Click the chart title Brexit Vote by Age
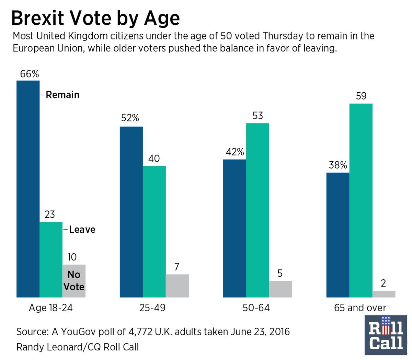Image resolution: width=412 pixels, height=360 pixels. (x=95, y=18)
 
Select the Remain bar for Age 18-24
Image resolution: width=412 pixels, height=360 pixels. (x=28, y=189)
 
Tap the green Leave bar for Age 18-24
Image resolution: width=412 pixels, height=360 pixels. (x=51, y=259)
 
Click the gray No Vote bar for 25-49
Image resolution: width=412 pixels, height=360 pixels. (x=177, y=286)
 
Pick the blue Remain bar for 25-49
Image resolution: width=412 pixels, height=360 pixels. (x=131, y=212)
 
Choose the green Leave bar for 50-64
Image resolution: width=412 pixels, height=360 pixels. (x=257, y=210)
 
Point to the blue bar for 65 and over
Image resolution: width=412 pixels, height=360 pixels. (x=338, y=235)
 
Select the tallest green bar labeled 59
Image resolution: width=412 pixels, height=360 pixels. (x=361, y=200)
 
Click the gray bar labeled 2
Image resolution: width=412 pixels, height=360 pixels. (x=384, y=294)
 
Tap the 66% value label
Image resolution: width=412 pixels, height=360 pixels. (x=30, y=74)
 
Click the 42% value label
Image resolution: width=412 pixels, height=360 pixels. (x=235, y=152)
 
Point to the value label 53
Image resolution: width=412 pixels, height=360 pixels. (x=257, y=116)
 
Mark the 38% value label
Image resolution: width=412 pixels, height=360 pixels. (x=338, y=165)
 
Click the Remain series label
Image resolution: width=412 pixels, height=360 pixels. (x=62, y=95)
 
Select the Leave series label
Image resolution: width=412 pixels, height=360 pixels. (x=82, y=229)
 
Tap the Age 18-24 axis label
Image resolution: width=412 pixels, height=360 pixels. (x=51, y=307)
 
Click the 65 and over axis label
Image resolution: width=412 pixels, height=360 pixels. (x=360, y=307)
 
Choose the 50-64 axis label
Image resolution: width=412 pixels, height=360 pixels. (x=256, y=307)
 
